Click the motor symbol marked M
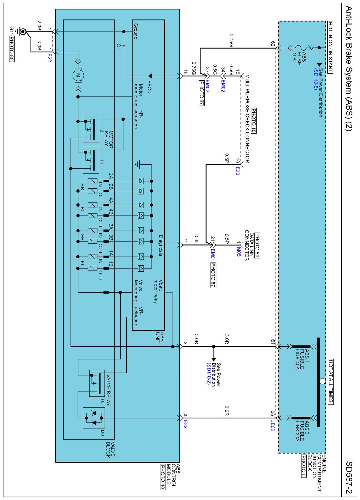78,75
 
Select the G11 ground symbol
22,31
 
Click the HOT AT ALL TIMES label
331,381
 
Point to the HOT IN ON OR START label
330,47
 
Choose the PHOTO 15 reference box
254,121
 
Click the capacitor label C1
119,47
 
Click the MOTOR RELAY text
109,139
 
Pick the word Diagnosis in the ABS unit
161,246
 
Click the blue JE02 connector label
273,425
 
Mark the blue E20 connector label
238,171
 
